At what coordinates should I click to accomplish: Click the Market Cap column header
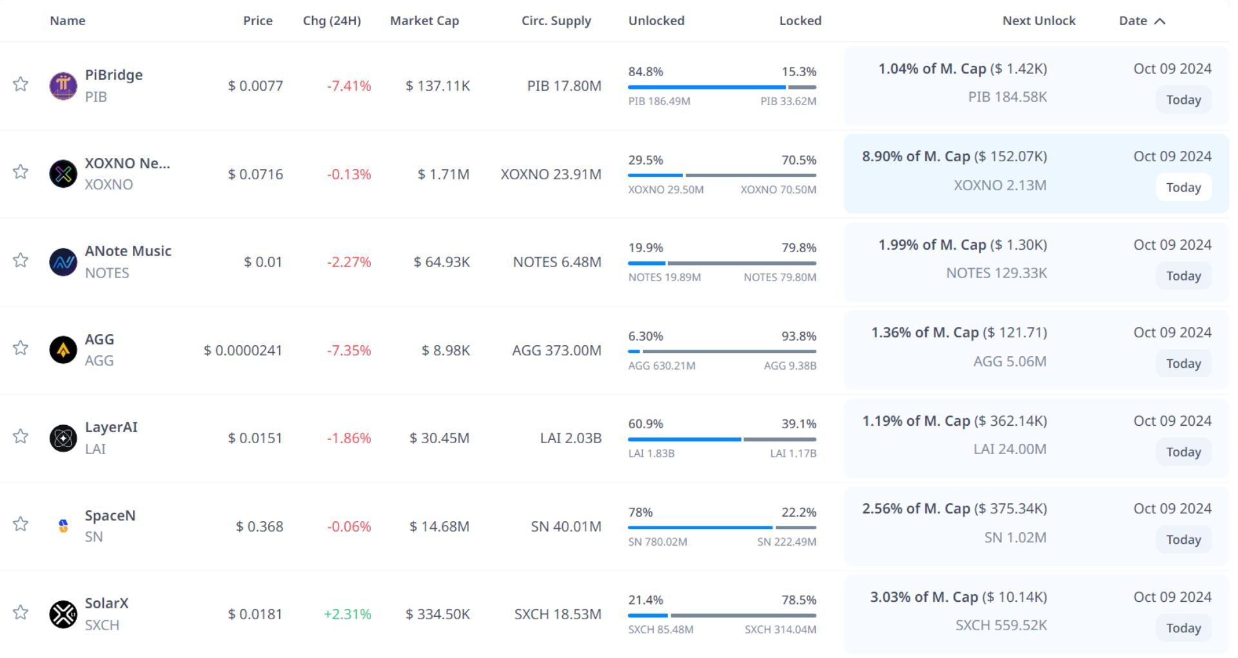(424, 21)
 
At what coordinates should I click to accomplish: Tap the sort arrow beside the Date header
(1160, 21)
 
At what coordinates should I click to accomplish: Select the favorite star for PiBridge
(21, 84)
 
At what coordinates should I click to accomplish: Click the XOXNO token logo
(63, 174)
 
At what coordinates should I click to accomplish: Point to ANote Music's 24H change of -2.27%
(349, 262)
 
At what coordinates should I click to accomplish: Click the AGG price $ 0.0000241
(243, 350)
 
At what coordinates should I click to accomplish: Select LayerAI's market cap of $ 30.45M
(439, 438)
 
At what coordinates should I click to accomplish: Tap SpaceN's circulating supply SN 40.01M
(565, 526)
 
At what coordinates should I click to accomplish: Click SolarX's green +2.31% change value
(348, 614)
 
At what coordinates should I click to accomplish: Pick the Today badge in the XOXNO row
(1183, 188)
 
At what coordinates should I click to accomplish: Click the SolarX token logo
(63, 614)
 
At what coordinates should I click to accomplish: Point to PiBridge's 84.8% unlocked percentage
(645, 72)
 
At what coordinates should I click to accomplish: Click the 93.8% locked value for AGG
(799, 336)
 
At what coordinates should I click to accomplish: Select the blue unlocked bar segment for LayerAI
(684, 439)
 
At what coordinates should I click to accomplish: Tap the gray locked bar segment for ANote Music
(742, 263)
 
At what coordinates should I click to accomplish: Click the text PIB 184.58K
(1007, 97)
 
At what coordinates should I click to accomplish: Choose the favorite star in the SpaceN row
(21, 524)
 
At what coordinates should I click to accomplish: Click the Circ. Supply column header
(556, 21)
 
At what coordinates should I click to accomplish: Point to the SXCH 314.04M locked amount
(780, 630)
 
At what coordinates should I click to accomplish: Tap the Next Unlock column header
(1039, 21)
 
